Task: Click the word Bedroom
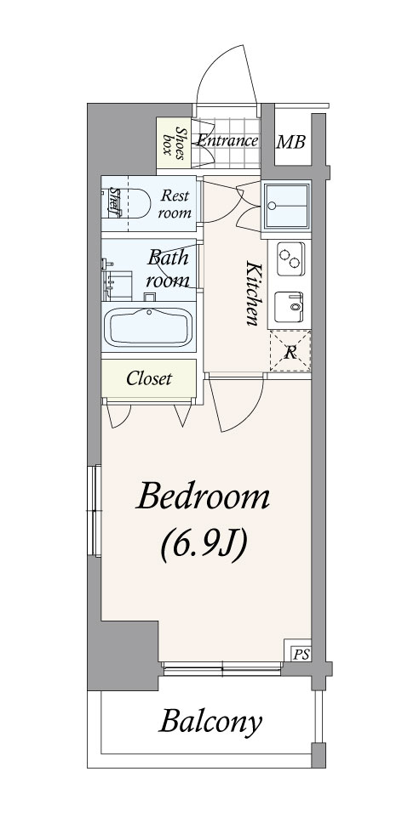[x=203, y=497]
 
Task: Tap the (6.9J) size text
[x=203, y=546]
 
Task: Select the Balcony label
[x=210, y=722]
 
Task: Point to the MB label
[x=290, y=142]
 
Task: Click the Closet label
[x=149, y=379]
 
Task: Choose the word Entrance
[x=227, y=140]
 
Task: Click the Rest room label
[x=175, y=204]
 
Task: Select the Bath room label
[x=168, y=269]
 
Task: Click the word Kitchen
[x=253, y=294]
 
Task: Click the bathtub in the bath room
[x=148, y=326]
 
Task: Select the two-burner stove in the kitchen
[x=290, y=259]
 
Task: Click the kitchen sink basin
[x=289, y=307]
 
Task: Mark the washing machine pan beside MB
[x=286, y=206]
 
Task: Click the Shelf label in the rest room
[x=112, y=201]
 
